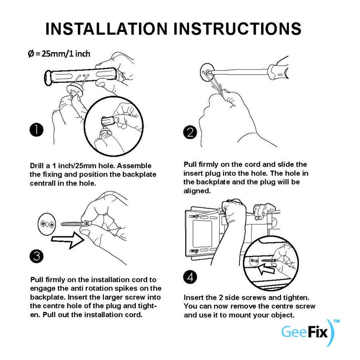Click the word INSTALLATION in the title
(x=107, y=29)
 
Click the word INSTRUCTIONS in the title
(x=237, y=29)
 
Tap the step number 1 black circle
(x=36, y=130)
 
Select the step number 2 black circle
(x=190, y=132)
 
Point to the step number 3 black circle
(x=36, y=256)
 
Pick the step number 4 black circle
(x=190, y=277)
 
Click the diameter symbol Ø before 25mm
(x=31, y=54)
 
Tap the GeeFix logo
(x=308, y=333)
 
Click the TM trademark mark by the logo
(x=336, y=321)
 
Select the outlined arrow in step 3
(x=68, y=240)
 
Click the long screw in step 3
(x=76, y=223)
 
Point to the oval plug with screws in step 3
(x=47, y=224)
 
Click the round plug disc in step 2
(x=207, y=72)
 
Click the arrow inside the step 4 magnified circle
(x=267, y=268)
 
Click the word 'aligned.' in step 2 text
(x=197, y=191)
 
